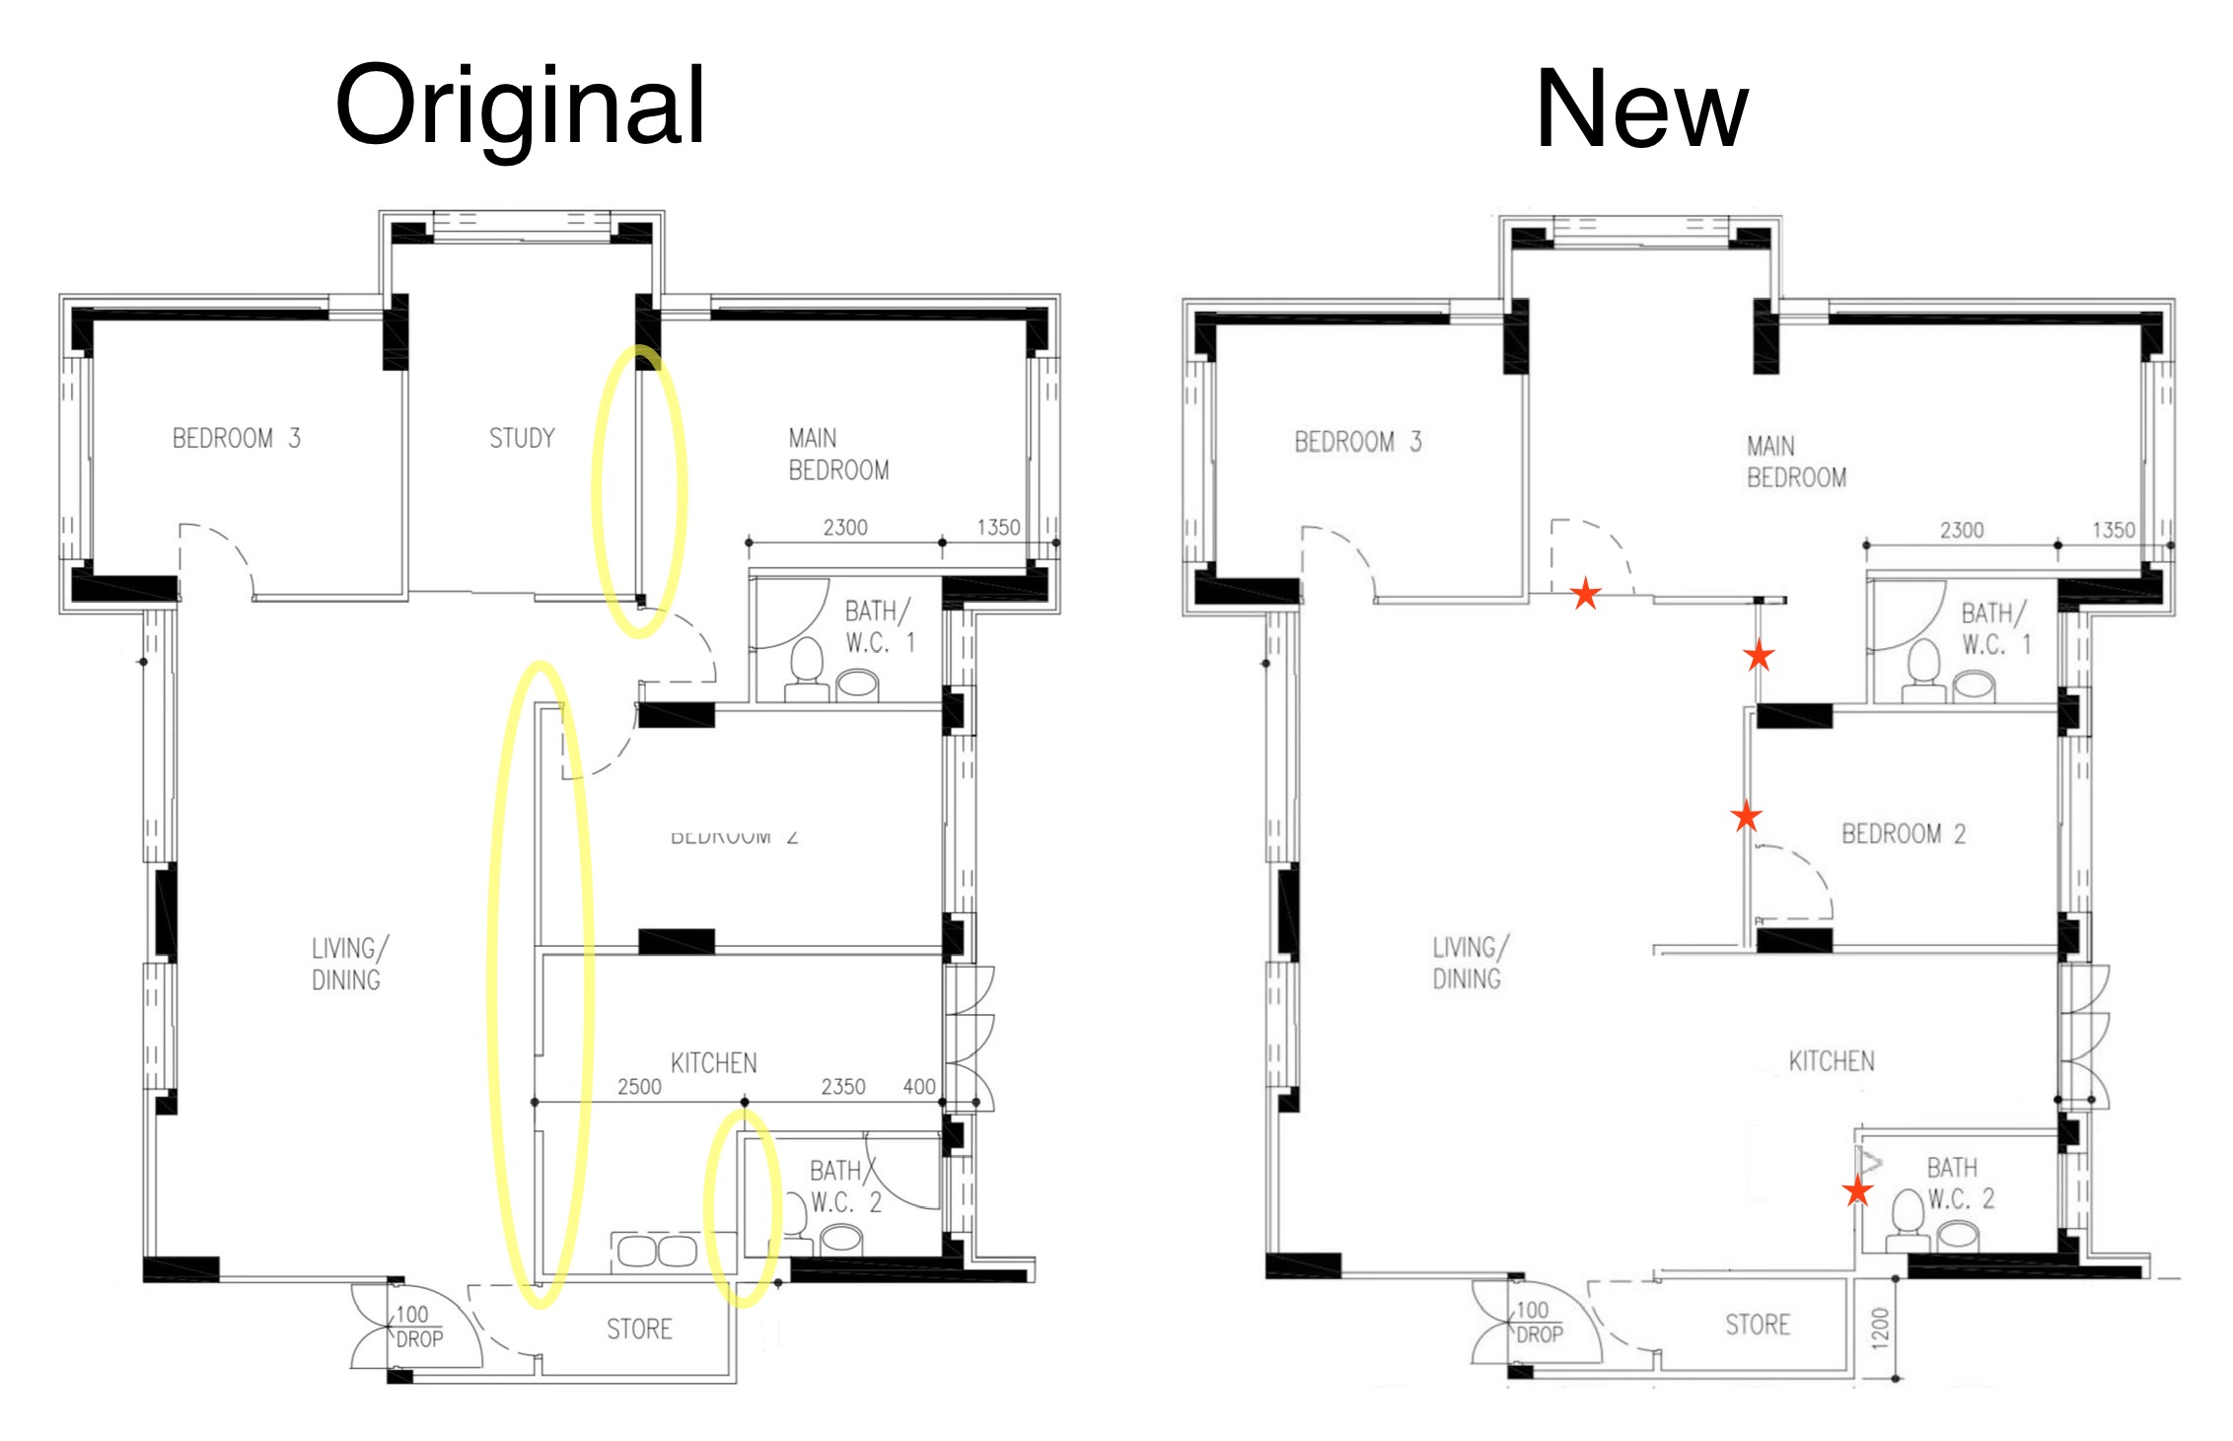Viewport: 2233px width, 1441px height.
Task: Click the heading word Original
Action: click(x=520, y=107)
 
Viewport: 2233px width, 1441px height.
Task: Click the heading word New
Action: click(x=1641, y=110)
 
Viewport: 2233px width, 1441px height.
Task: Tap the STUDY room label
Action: click(x=522, y=438)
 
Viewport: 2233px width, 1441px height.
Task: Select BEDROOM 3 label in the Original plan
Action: click(x=236, y=438)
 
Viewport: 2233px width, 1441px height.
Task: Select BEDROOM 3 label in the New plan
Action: click(x=1357, y=442)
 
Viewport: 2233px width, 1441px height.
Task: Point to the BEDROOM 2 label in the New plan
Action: click(x=1903, y=833)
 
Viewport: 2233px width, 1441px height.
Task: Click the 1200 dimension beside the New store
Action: click(x=1880, y=1328)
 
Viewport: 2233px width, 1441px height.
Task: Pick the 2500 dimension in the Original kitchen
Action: click(x=639, y=1087)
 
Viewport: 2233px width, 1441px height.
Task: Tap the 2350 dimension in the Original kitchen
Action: click(x=843, y=1087)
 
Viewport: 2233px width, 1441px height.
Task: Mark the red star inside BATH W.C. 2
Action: click(x=1857, y=1190)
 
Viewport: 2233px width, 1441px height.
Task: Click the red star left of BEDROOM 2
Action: click(x=1746, y=816)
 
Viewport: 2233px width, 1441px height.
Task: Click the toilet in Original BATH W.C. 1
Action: click(x=807, y=666)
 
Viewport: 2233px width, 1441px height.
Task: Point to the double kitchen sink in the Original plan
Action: click(x=656, y=1251)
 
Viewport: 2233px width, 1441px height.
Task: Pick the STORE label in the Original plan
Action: click(x=639, y=1329)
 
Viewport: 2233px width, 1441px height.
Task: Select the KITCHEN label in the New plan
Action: click(x=1831, y=1061)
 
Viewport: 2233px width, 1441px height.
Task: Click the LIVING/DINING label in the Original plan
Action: click(x=348, y=964)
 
